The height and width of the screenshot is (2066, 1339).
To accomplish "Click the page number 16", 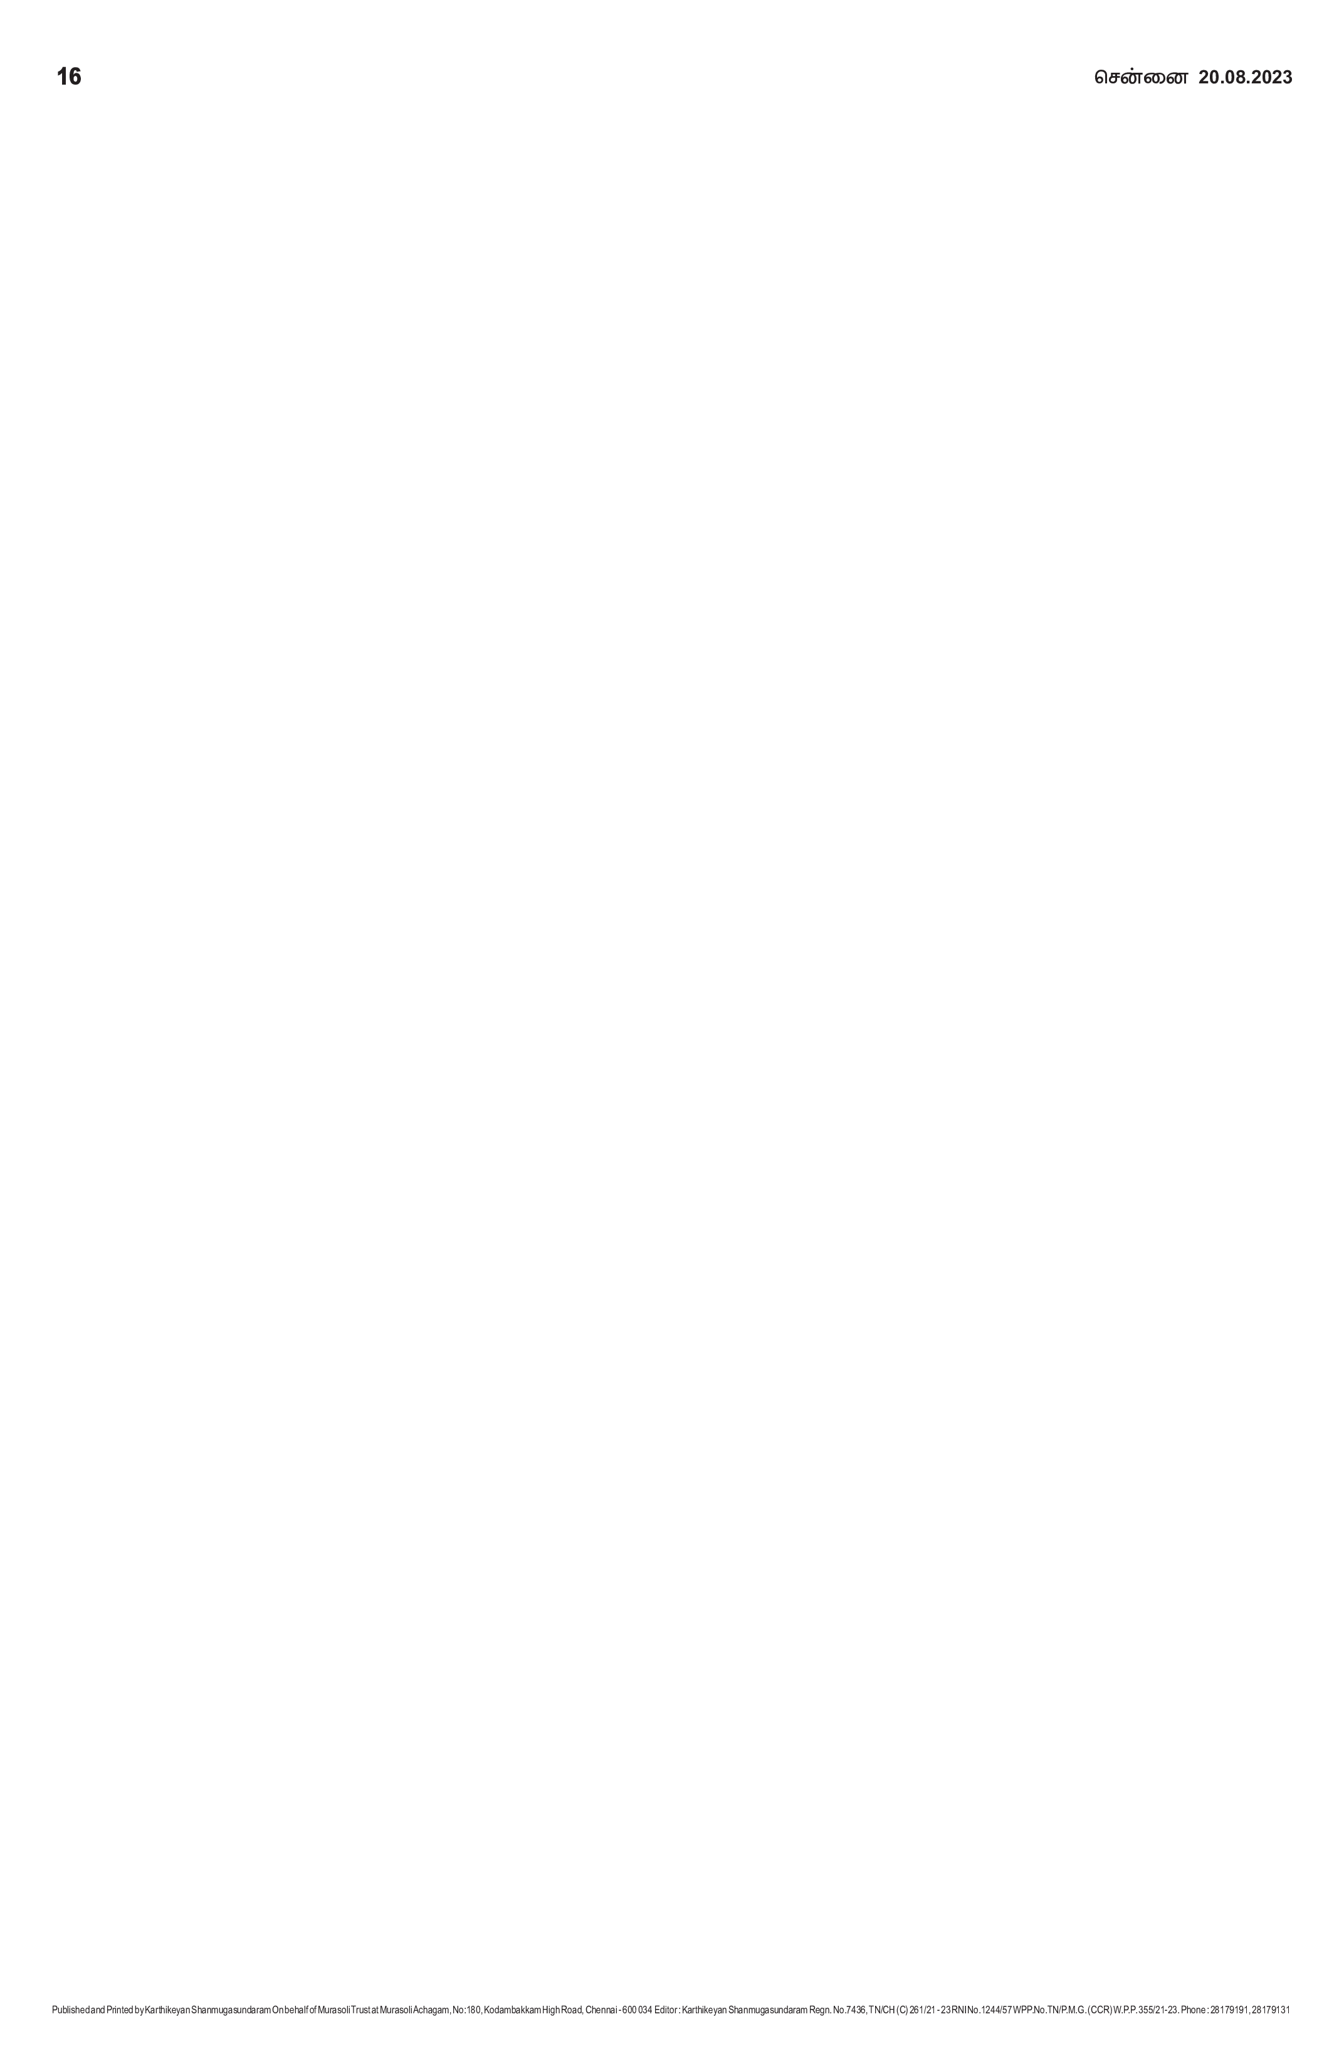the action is [68, 76].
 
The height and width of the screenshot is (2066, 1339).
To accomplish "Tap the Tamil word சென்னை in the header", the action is [1140, 77].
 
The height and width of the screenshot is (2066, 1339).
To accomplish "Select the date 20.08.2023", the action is [1245, 77].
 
